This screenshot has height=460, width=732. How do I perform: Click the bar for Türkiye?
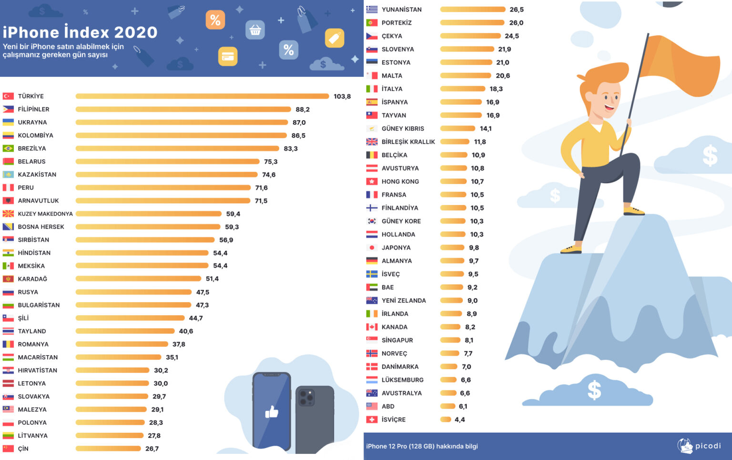[x=202, y=96]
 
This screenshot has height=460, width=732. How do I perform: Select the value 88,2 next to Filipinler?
[x=302, y=109]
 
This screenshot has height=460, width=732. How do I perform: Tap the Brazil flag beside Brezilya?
[x=8, y=148]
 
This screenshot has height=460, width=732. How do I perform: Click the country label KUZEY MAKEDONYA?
[x=45, y=214]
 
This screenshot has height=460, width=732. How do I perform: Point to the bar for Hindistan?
[x=142, y=253]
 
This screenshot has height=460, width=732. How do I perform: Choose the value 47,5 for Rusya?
[x=203, y=292]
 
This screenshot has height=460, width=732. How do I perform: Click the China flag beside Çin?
[x=8, y=449]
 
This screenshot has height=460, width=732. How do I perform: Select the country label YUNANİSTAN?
[x=401, y=10]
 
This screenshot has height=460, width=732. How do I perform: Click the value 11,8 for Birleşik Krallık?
[x=480, y=142]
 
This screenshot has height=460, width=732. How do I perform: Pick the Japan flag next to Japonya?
[x=372, y=248]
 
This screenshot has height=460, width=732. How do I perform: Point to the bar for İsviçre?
[x=446, y=419]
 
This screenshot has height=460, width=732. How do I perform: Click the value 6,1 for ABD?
[x=463, y=407]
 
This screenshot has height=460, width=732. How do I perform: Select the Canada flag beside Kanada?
[x=372, y=327]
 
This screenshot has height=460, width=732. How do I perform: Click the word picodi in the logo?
[x=708, y=446]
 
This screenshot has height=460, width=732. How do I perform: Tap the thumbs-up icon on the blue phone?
[x=272, y=412]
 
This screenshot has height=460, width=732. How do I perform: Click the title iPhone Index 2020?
[x=80, y=32]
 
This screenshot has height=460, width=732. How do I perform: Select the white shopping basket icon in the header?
[x=255, y=31]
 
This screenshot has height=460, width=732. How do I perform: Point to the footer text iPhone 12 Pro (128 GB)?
[x=400, y=446]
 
